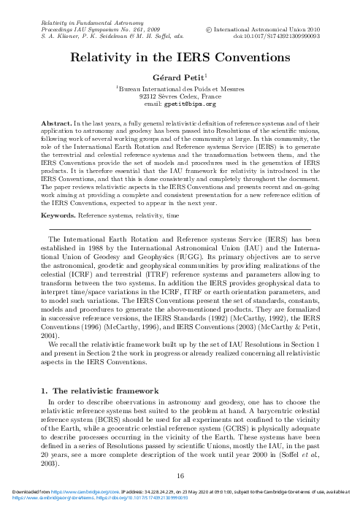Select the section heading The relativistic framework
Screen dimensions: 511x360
[104, 391]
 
